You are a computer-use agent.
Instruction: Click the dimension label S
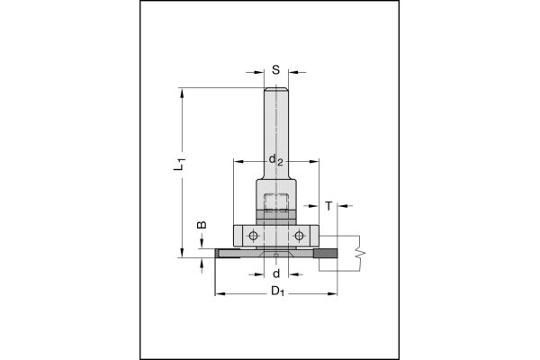click(x=276, y=70)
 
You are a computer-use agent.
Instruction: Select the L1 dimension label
click(x=179, y=164)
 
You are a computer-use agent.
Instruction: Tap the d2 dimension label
click(x=275, y=160)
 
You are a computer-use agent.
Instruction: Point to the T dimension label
click(x=328, y=206)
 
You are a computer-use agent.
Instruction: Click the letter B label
click(x=202, y=225)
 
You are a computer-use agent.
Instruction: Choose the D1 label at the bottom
click(x=277, y=292)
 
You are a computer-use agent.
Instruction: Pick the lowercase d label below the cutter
click(x=276, y=274)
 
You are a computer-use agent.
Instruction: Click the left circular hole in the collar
click(x=254, y=236)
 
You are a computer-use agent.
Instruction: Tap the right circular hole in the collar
click(x=299, y=236)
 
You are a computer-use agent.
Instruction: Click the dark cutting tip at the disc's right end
click(x=325, y=254)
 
